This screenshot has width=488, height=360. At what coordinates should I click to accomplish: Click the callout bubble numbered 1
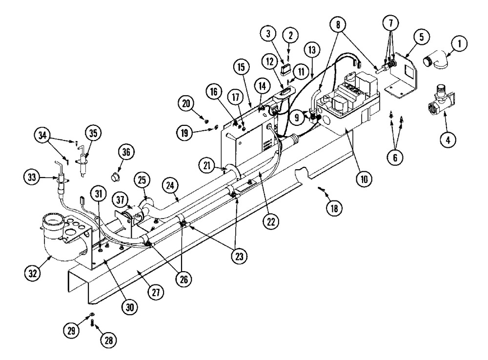[458, 44]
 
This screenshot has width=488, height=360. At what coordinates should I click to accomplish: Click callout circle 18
[334, 208]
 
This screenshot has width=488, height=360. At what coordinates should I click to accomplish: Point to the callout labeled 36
[126, 152]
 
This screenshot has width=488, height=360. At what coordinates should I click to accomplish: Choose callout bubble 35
[92, 132]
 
